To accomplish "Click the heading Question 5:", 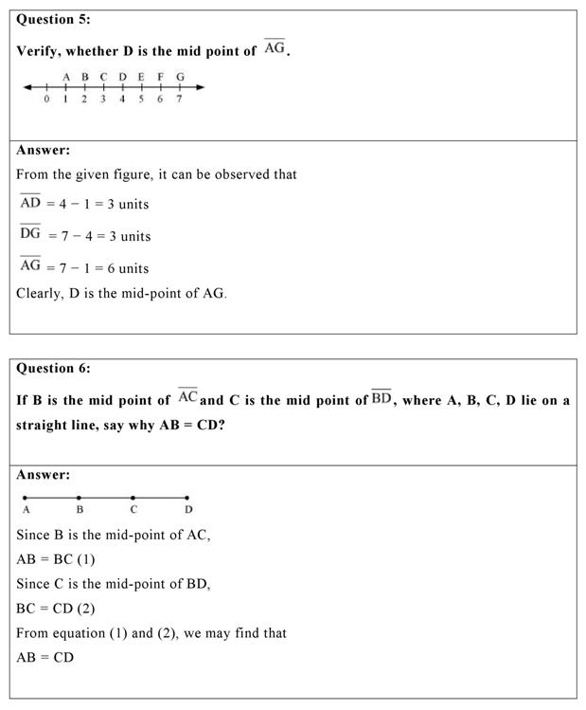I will point(54,20).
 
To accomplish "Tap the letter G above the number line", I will point(180,77).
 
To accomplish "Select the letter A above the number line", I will point(66,77).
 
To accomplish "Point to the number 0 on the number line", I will point(46,100).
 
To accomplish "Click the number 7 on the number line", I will point(179,100).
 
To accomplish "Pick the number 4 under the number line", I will point(122,100).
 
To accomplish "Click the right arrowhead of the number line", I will point(200,88).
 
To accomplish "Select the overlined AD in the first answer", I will point(30,202).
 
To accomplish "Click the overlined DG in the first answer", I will point(30,234).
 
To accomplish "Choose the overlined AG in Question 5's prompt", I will point(275,47).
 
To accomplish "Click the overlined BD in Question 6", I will point(382,397).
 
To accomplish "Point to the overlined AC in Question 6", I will point(187,397).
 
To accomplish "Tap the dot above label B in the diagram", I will point(80,497).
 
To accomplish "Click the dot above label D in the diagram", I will point(187,497).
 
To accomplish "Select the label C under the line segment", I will point(133,510).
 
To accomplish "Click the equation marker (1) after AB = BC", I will point(86,559).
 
